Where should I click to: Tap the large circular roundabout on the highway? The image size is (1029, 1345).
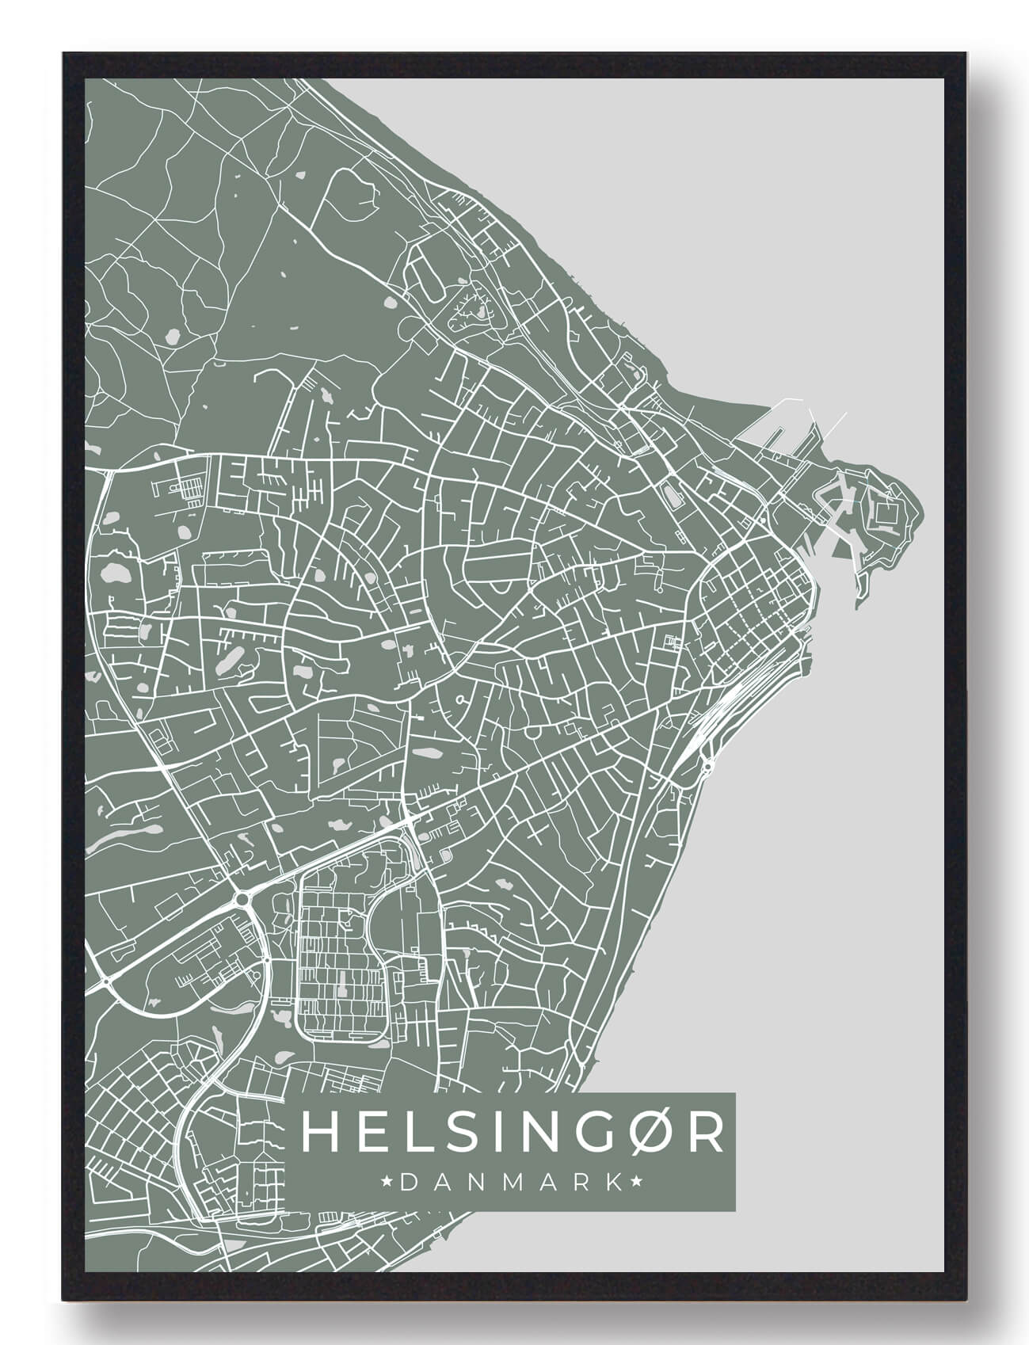(241, 898)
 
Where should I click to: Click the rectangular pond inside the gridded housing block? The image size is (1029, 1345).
(341, 990)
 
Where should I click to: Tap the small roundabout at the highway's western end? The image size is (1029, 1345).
(105, 982)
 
